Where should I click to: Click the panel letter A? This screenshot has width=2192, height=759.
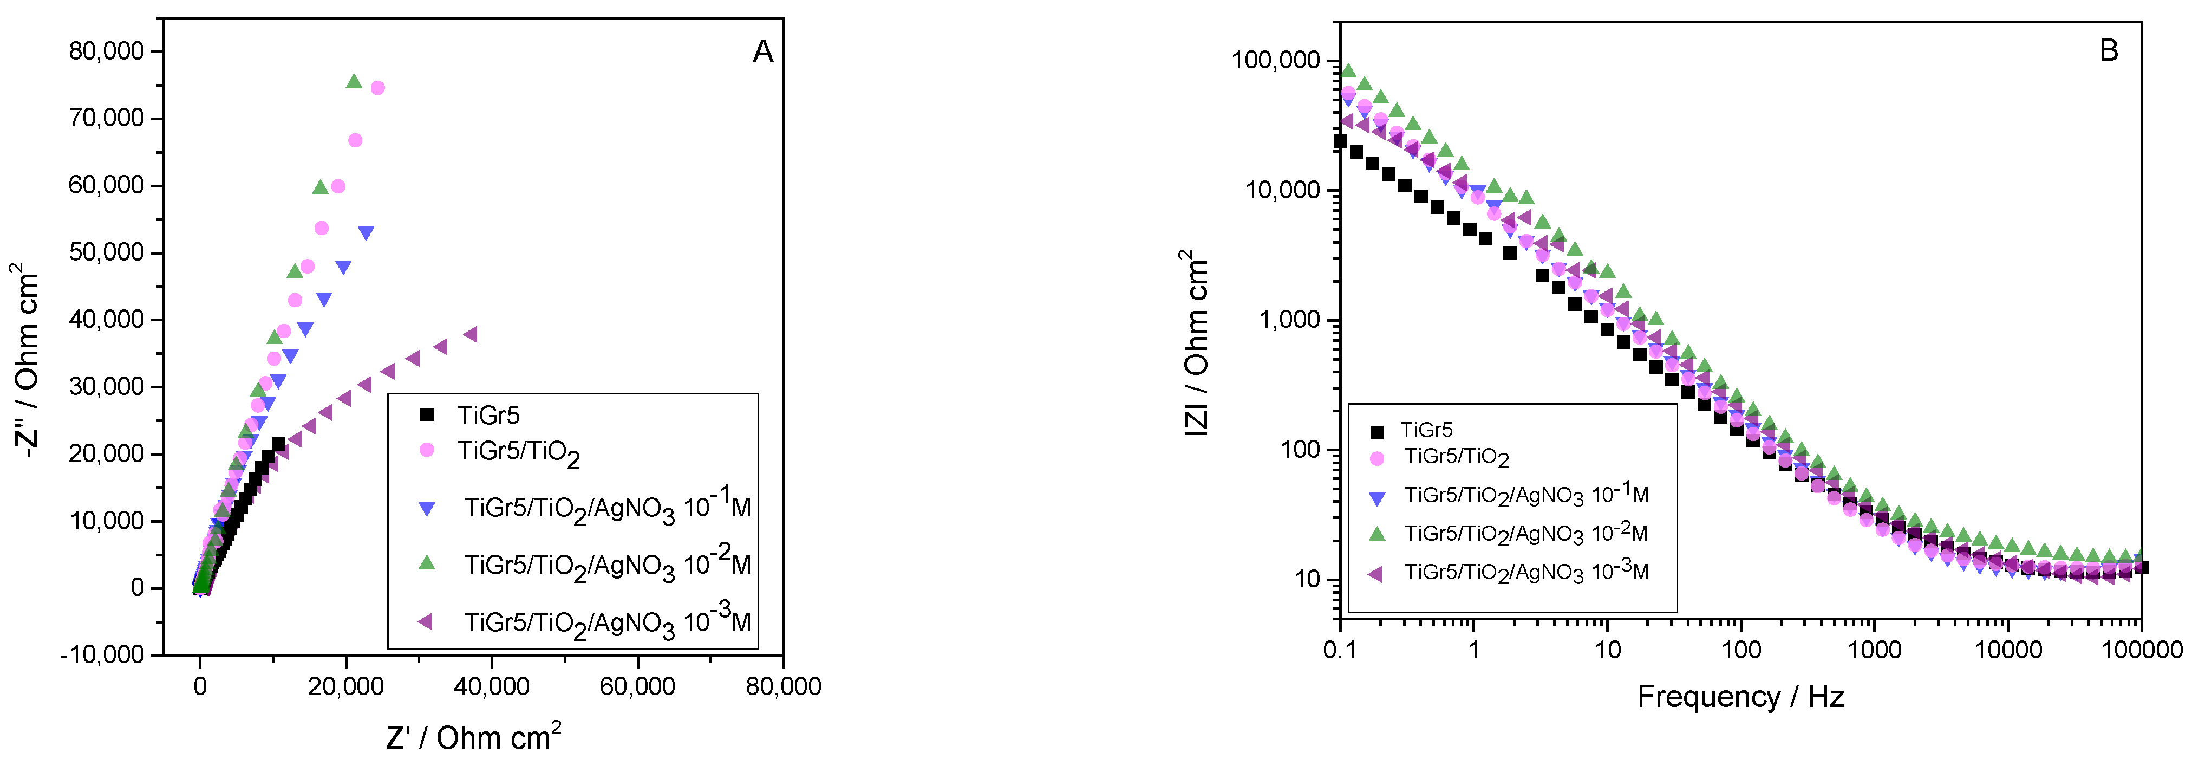(x=762, y=53)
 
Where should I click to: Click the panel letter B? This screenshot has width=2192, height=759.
(x=2109, y=51)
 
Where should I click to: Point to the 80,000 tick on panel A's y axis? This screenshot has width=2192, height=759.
(x=106, y=51)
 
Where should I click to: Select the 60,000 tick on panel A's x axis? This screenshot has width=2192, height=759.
(x=637, y=686)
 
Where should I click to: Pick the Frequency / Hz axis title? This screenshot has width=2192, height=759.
(x=1740, y=697)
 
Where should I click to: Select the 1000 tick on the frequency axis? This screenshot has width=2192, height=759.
(x=1875, y=650)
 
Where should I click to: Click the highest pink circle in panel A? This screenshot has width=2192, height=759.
(x=378, y=88)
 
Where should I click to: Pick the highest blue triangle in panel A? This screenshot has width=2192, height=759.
(x=367, y=233)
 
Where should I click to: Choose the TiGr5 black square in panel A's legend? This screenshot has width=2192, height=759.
(x=427, y=415)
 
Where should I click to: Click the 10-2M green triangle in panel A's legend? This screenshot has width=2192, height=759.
(x=427, y=563)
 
